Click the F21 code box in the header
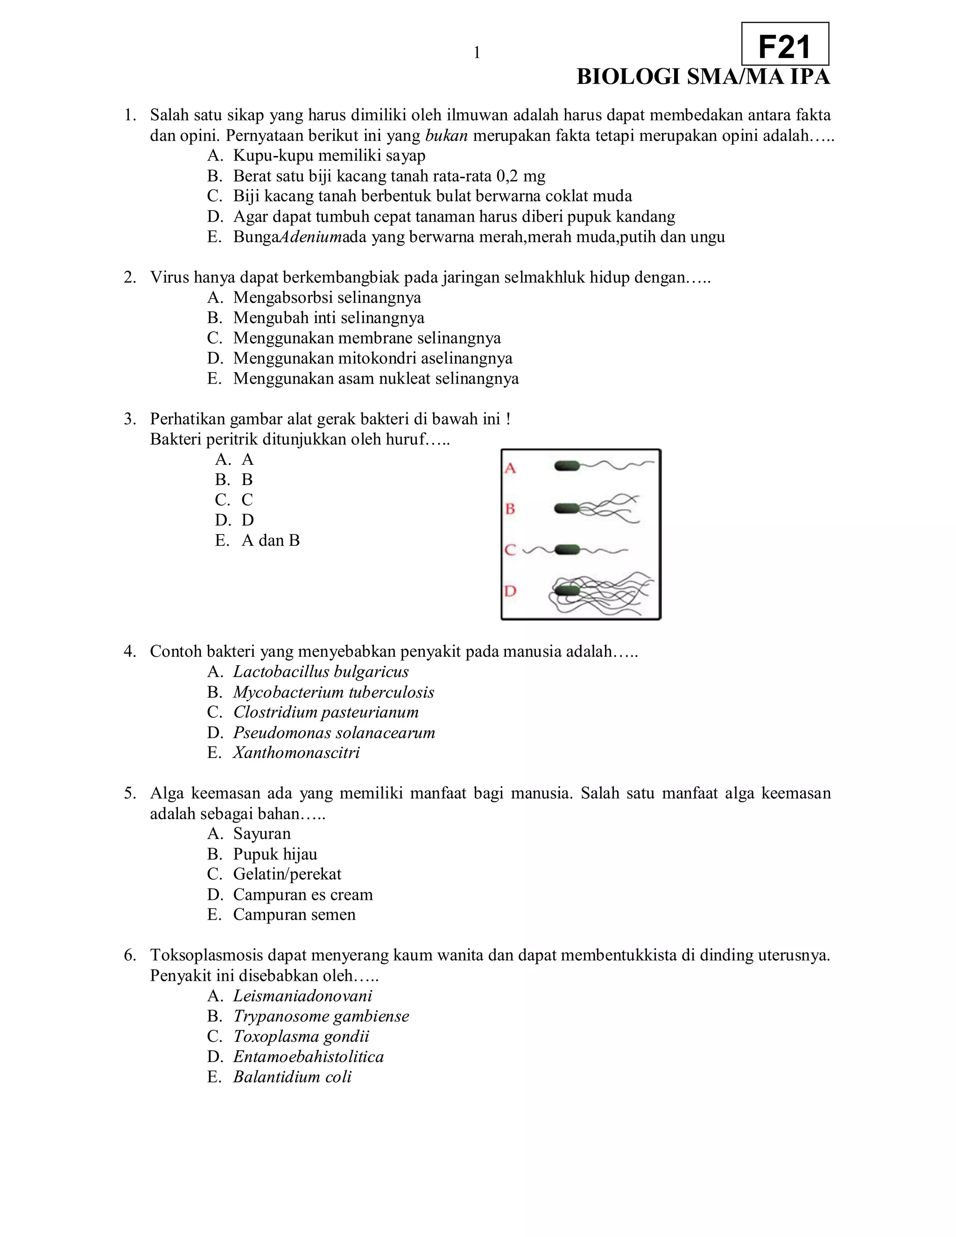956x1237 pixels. click(x=785, y=45)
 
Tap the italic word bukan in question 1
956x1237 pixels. click(x=446, y=136)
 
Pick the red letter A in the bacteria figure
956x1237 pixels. click(x=510, y=468)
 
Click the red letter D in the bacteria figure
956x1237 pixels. click(x=510, y=591)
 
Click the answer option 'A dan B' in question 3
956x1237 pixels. click(x=270, y=541)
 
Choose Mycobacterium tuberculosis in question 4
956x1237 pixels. click(x=334, y=692)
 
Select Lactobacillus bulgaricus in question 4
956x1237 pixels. click(x=321, y=672)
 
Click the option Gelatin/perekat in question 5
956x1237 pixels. click(x=287, y=874)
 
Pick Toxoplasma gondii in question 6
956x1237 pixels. click(x=301, y=1036)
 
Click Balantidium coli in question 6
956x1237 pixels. click(x=292, y=1077)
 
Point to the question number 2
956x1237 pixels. click(x=130, y=278)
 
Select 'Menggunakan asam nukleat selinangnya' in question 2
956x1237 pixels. click(x=375, y=379)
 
